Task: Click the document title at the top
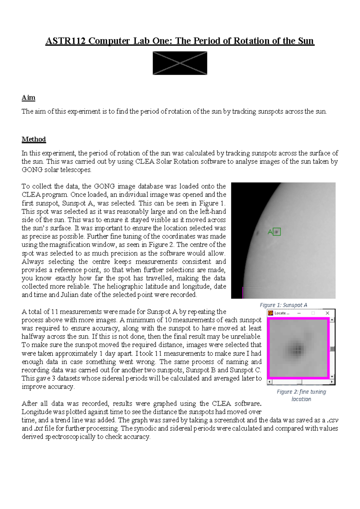click(180, 41)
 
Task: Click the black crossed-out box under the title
click(180, 63)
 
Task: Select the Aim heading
click(28, 98)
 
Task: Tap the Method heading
click(34, 139)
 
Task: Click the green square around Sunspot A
click(277, 232)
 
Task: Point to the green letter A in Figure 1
click(270, 232)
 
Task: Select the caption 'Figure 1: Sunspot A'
click(283, 305)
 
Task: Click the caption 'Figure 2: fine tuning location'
click(301, 395)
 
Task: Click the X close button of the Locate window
click(327, 313)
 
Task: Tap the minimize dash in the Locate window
click(299, 313)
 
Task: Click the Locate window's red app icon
click(271, 313)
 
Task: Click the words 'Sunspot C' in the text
click(245, 370)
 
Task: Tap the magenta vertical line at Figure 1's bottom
click(243, 293)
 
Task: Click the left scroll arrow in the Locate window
click(269, 382)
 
